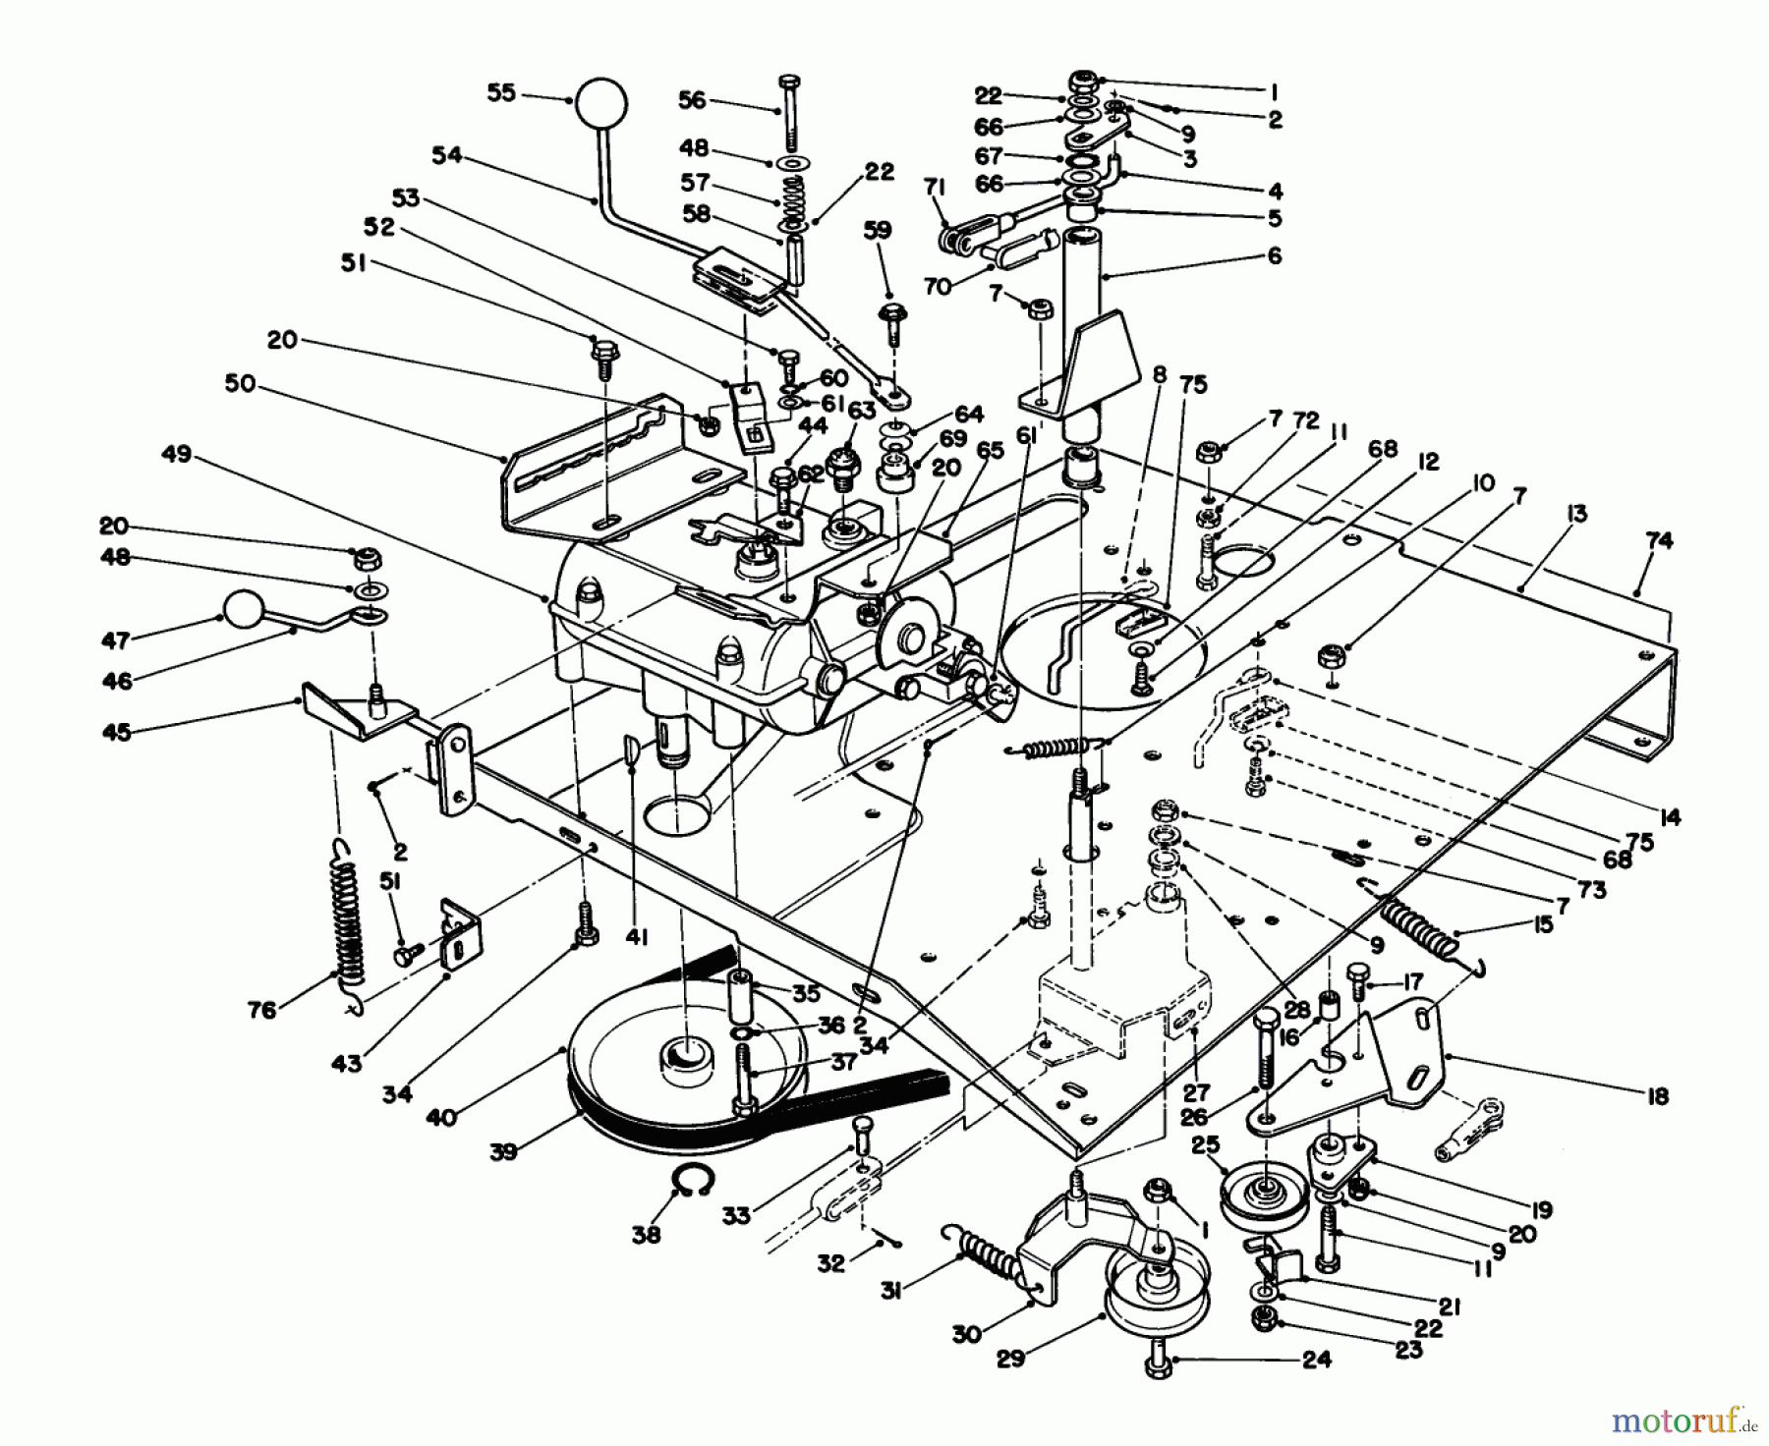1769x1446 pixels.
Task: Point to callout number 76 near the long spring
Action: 262,1010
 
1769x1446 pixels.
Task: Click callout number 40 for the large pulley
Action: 441,1116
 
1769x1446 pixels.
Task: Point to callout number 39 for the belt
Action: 503,1151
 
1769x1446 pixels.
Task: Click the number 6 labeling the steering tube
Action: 1275,256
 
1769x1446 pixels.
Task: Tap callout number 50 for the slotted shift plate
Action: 238,384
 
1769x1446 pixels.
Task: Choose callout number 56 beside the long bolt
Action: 692,99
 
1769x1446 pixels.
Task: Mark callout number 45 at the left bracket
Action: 118,732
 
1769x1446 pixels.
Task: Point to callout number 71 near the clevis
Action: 935,186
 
